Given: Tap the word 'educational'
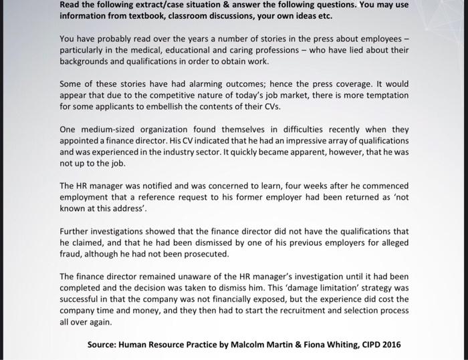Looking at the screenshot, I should point(190,51).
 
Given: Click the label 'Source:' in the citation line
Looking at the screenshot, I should point(106,346).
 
